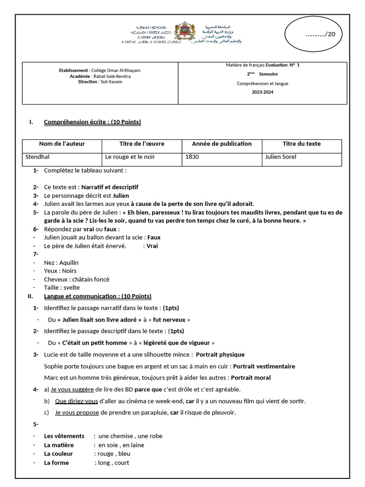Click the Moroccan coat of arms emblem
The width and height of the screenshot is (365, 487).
(182, 33)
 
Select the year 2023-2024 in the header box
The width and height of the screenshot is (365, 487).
(262, 92)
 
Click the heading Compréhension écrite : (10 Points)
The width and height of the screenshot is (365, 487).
(92, 122)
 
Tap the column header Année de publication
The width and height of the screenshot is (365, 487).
(221, 144)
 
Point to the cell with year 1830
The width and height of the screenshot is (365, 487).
(192, 157)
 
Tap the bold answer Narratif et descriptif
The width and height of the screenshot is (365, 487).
(110, 187)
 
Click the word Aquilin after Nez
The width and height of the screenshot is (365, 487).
(69, 263)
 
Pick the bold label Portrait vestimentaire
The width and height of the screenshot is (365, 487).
(264, 366)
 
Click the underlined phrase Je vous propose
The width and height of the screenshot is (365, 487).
(77, 412)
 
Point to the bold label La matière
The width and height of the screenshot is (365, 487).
(59, 445)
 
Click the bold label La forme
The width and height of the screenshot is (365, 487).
(57, 463)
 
